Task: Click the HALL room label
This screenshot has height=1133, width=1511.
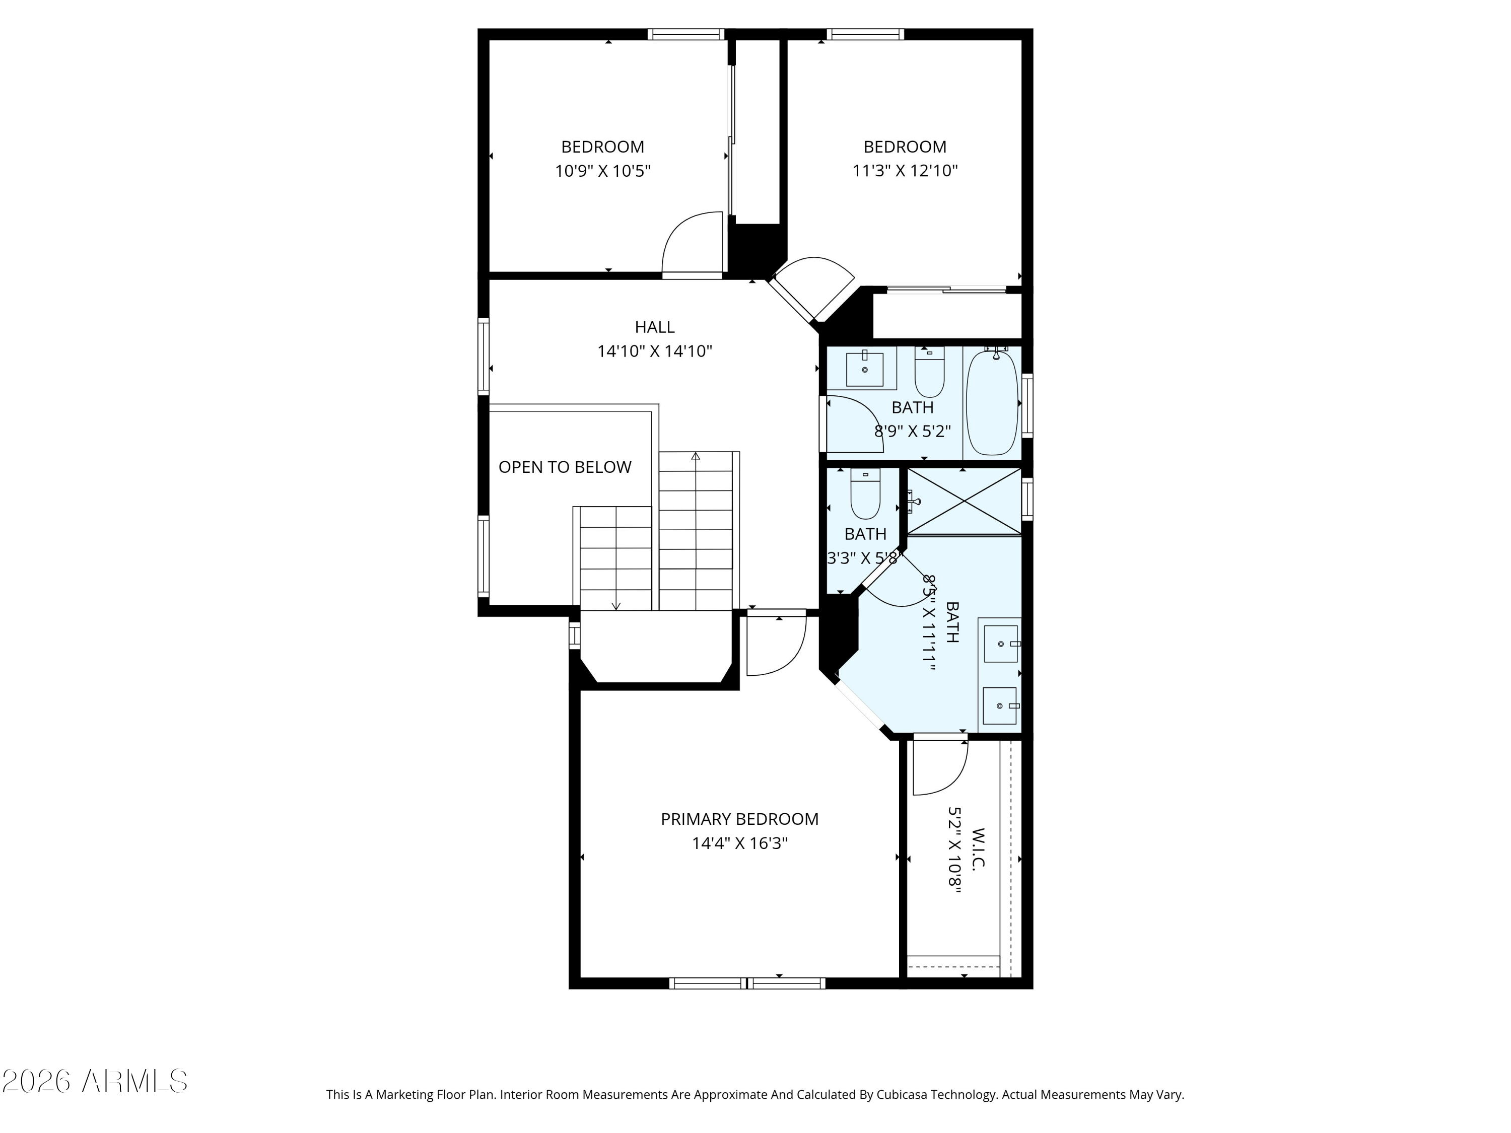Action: coord(654,327)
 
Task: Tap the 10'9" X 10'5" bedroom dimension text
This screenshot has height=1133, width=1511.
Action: coord(602,171)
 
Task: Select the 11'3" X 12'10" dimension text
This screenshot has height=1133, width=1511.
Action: coord(905,171)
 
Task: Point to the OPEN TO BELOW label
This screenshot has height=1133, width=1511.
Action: coord(565,467)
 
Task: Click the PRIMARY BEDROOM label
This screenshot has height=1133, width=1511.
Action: coord(739,819)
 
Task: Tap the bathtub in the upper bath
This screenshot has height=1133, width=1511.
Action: coord(992,403)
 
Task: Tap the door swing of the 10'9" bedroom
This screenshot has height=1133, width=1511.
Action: coord(692,242)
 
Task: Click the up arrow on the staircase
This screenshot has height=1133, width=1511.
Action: coord(696,456)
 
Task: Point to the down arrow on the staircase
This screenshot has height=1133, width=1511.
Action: coord(615,604)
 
